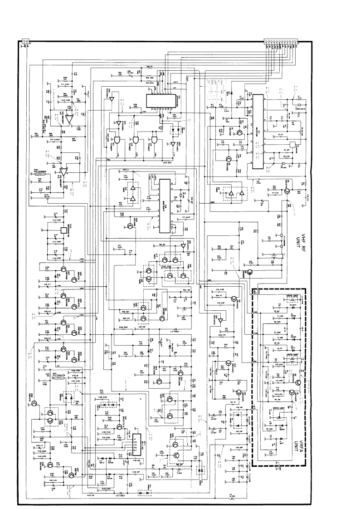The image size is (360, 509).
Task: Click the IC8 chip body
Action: pos(164,206)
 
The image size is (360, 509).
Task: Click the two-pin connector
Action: pos(24,43)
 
